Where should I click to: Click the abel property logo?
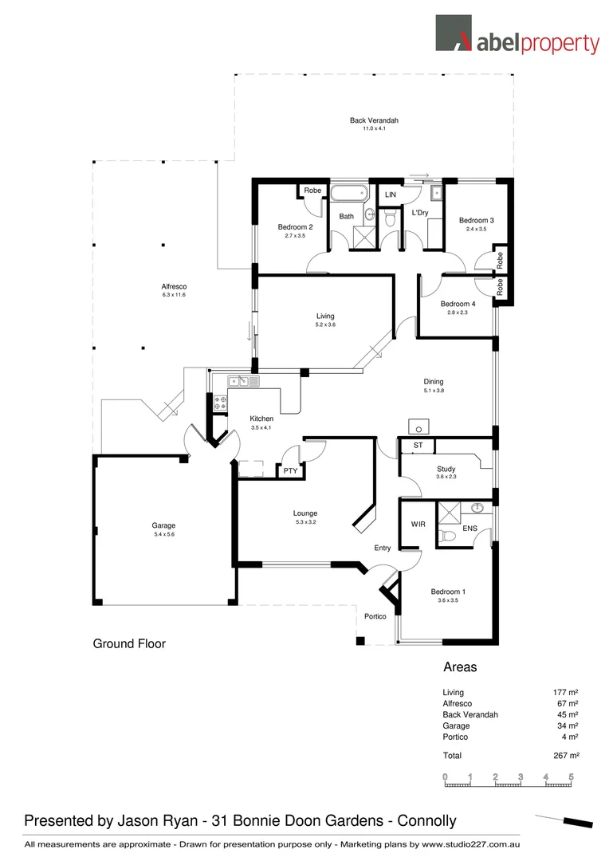coord(517,36)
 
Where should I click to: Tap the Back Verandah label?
coord(374,120)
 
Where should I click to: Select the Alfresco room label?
coord(174,286)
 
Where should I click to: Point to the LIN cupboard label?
coord(391,195)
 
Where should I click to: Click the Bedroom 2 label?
coord(295,227)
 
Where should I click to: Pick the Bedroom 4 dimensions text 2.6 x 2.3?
coord(458,313)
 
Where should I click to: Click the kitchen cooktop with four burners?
coord(221,403)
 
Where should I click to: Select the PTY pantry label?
coord(290,471)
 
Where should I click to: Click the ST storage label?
coord(418,445)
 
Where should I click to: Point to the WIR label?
coord(418,525)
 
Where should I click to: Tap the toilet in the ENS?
coord(449,537)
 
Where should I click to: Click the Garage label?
coord(163,525)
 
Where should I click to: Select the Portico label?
coord(375,616)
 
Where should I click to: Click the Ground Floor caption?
coord(129,643)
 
